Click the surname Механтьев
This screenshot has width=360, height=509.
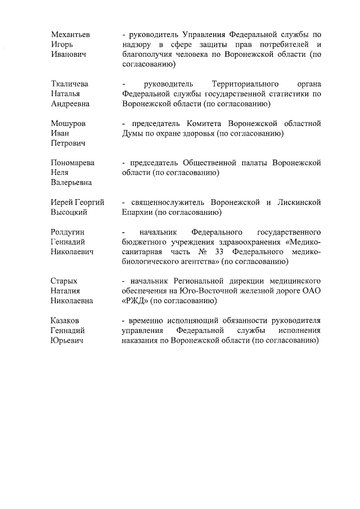pyautogui.click(x=71, y=34)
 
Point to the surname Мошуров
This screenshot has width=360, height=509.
pyautogui.click(x=68, y=123)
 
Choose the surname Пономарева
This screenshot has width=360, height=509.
pyautogui.click(x=73, y=163)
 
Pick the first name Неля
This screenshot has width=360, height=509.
pyautogui.click(x=60, y=173)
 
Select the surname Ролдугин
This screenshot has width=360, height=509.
pyautogui.click(x=68, y=232)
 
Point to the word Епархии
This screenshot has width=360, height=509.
pyautogui.click(x=137, y=213)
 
